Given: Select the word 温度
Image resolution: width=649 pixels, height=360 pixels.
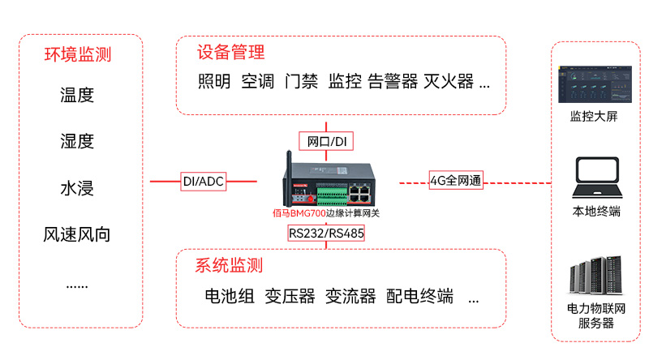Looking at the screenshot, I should (77, 95).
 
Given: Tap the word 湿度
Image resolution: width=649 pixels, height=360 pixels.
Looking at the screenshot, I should (77, 141).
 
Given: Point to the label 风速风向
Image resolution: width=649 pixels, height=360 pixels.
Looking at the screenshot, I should (77, 235).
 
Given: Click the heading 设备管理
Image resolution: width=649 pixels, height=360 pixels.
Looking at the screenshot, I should (230, 53).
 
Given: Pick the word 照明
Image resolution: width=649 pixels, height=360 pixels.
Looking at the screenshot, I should (214, 82).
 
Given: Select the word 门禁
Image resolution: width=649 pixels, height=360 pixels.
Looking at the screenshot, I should (301, 82).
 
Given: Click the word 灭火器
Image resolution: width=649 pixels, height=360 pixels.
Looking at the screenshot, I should (449, 82).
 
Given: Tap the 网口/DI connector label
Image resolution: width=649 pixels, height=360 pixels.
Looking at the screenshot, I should (327, 142).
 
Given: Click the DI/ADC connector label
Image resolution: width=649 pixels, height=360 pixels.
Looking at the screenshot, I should (203, 182).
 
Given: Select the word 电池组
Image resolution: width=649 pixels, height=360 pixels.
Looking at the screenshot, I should (230, 296).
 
